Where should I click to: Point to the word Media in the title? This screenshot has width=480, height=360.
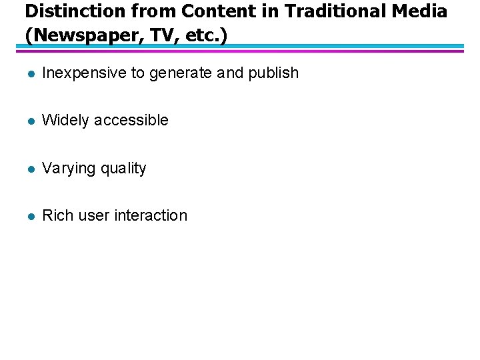(421, 11)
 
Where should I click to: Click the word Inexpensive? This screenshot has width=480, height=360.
(84, 73)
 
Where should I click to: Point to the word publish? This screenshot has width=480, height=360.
(273, 73)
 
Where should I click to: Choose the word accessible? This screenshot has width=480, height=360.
(131, 121)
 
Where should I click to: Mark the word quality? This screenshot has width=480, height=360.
(123, 169)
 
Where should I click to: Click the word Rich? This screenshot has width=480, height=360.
(57, 216)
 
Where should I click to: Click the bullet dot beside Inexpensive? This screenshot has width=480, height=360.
(29, 74)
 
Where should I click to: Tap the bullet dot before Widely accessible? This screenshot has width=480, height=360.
(29, 121)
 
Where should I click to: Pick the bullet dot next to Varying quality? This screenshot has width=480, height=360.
(29, 169)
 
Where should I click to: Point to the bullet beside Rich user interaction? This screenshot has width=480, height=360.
(29, 217)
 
